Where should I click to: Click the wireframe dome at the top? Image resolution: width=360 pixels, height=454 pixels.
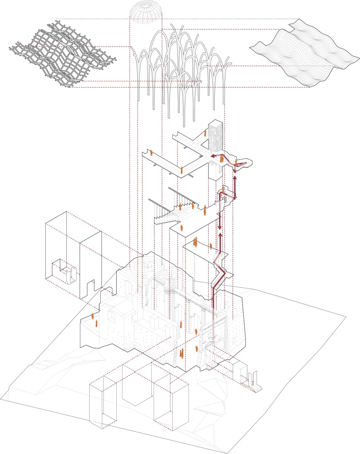click(146, 12)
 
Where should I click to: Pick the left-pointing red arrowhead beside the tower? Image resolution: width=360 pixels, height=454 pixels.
click(213, 156)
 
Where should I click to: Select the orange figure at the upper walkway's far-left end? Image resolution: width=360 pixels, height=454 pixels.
click(151, 152)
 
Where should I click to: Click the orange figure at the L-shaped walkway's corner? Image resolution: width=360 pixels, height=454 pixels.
click(182, 170)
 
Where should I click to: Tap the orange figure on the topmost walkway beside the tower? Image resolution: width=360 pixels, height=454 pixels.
click(206, 132)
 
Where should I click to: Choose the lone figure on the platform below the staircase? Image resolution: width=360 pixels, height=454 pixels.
click(182, 228)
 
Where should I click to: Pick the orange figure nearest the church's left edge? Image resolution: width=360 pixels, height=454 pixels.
click(93, 317)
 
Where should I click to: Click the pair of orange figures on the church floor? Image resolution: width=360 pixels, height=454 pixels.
click(182, 353)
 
